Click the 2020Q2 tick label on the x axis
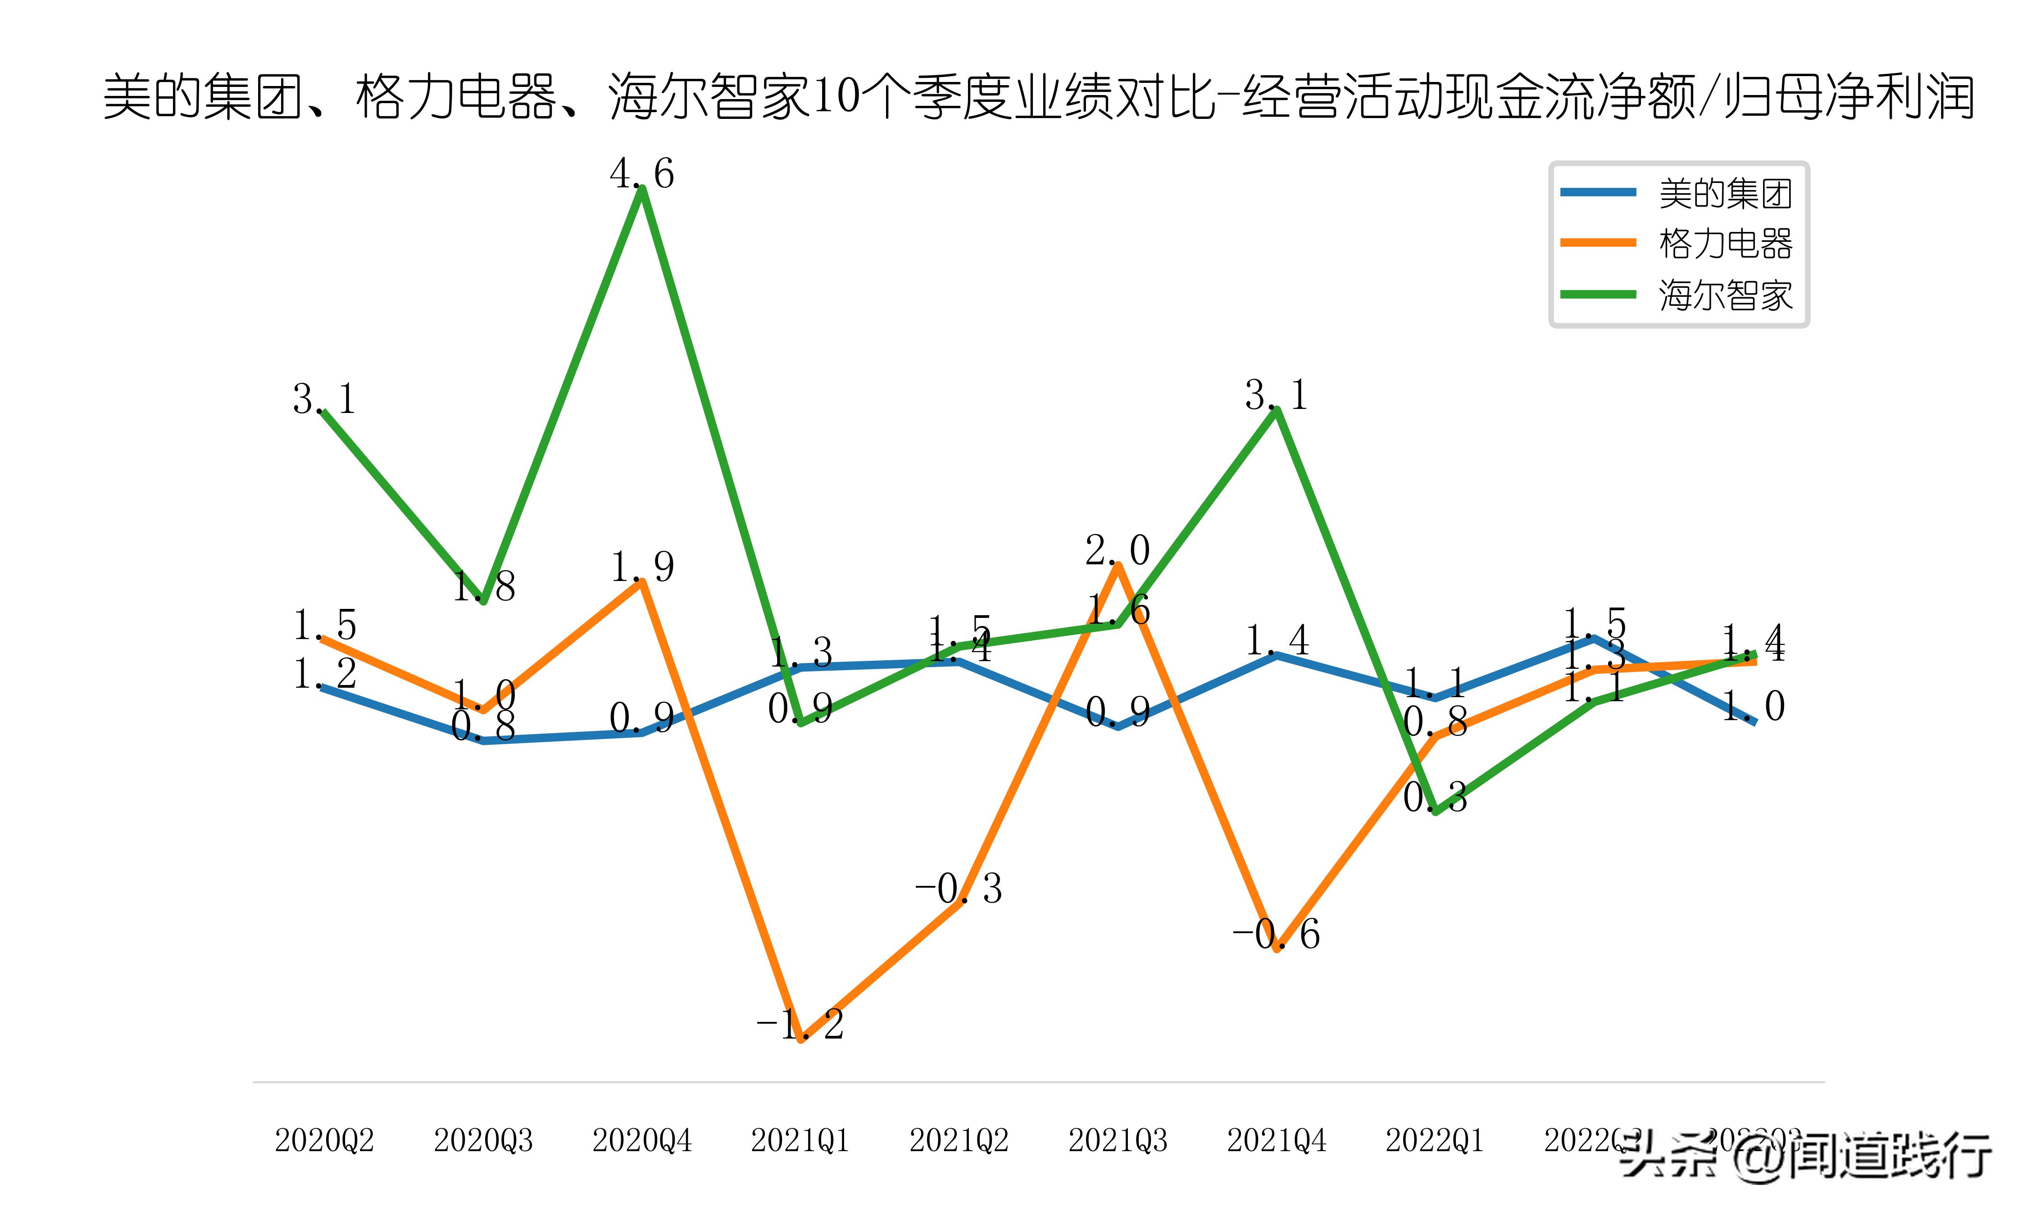pos(324,1140)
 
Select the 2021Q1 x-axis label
pos(800,1140)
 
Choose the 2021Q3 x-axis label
pos(1118,1140)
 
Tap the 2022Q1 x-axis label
pos(1435,1140)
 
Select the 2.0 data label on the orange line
pos(1118,551)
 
